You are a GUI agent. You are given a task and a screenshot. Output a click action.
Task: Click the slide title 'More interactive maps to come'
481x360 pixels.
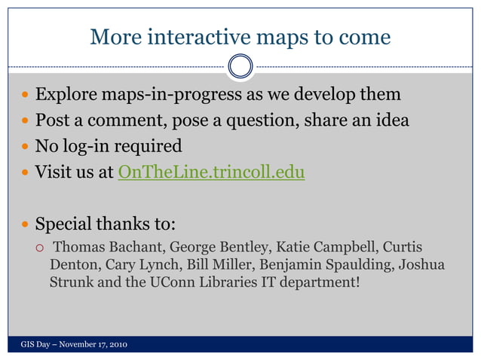(x=240, y=36)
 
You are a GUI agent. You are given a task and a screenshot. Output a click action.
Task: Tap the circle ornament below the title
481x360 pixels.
(x=240, y=66)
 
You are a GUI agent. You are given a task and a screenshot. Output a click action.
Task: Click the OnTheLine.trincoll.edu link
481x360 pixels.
(x=211, y=172)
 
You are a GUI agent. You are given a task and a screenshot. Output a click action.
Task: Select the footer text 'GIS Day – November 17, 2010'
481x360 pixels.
(x=73, y=344)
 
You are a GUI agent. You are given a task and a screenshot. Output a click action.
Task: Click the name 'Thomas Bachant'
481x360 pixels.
(x=109, y=247)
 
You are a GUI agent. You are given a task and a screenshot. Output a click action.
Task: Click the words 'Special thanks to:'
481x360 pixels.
(x=106, y=224)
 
